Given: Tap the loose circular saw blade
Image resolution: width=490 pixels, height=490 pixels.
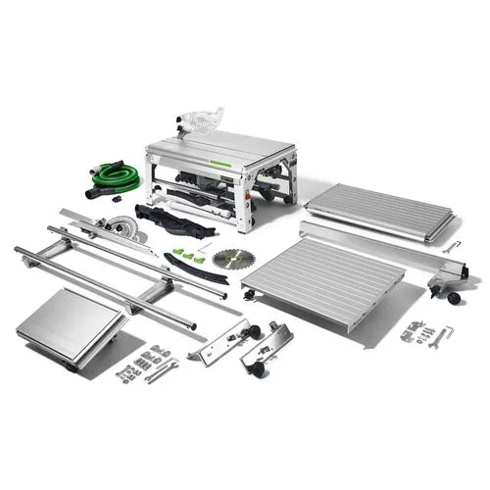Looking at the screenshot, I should (x=227, y=259).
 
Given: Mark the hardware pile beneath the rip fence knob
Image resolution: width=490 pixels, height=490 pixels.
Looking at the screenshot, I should (x=423, y=336).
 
